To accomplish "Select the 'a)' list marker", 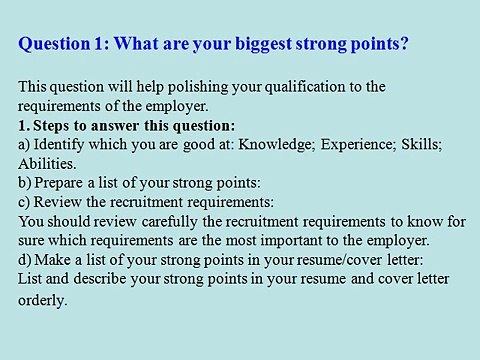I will [25, 145].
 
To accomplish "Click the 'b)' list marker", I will [26, 183].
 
